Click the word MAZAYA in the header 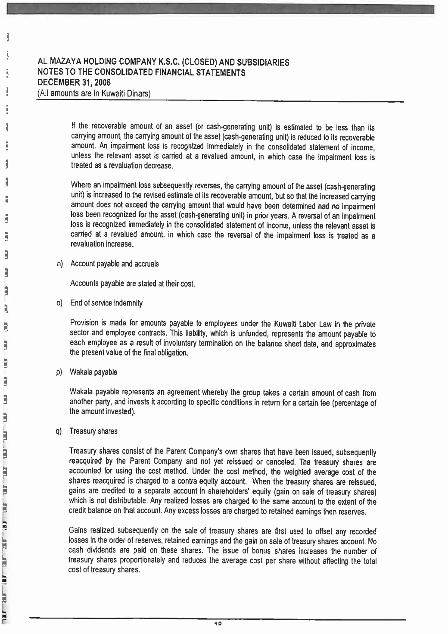click(x=65, y=62)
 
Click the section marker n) click(x=60, y=264)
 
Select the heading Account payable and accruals click(x=114, y=264)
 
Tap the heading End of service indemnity click(x=106, y=303)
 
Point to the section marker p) click(x=60, y=372)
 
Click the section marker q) click(x=59, y=431)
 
